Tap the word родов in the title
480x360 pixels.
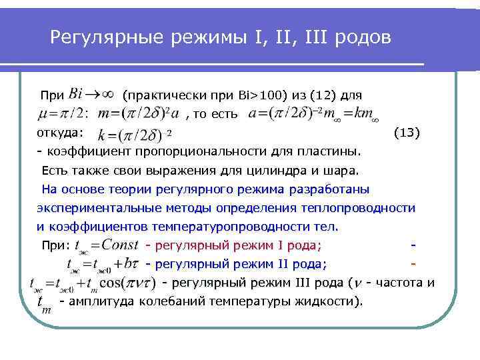[364, 37]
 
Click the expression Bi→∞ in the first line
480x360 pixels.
[91, 92]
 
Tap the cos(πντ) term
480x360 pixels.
[127, 283]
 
